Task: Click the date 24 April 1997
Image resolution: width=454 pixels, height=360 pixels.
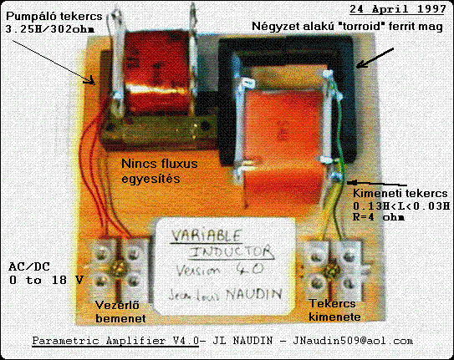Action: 397,9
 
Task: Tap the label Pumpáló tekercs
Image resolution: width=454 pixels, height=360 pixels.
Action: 54,16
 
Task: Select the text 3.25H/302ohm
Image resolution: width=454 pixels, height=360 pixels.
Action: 50,29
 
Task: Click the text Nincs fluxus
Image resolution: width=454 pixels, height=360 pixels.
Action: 160,164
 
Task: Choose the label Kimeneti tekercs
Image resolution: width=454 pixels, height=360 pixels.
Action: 400,193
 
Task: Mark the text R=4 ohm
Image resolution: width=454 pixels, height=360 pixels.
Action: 379,217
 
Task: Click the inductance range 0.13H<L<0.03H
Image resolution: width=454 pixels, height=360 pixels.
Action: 401,205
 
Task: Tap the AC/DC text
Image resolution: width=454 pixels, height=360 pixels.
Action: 29,266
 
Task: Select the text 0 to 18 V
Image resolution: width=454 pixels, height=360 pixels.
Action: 46,280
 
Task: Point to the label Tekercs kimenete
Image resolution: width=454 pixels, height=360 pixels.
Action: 334,310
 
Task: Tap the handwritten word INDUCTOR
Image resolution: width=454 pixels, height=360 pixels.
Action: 231,252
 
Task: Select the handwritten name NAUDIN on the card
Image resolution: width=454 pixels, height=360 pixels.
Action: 253,294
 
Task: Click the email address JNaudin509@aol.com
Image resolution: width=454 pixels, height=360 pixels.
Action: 353,341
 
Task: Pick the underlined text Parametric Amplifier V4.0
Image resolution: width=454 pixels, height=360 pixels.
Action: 115,341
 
